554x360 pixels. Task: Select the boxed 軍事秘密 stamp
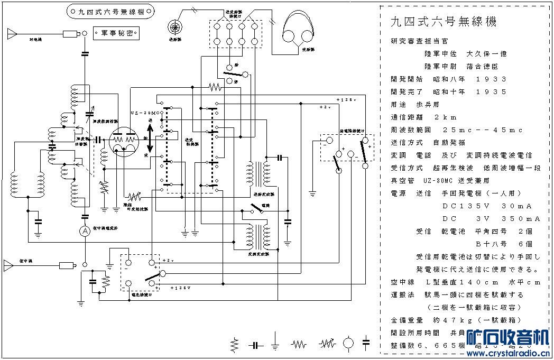point(116,34)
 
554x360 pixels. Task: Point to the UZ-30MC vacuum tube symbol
point(124,141)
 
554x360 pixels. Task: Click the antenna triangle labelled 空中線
point(11,264)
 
